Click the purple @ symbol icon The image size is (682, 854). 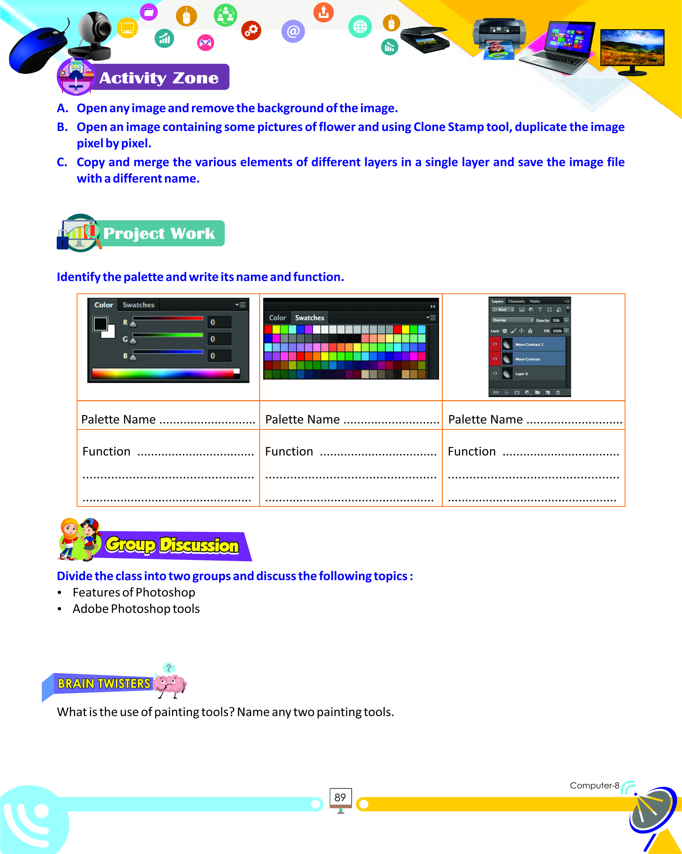point(293,31)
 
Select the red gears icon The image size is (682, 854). point(251,30)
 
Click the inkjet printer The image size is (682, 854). point(499,34)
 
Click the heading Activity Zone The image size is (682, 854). point(158,78)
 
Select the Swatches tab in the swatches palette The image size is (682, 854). point(310,318)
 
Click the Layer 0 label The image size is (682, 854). point(521,374)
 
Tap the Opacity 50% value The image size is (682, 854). point(556,321)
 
